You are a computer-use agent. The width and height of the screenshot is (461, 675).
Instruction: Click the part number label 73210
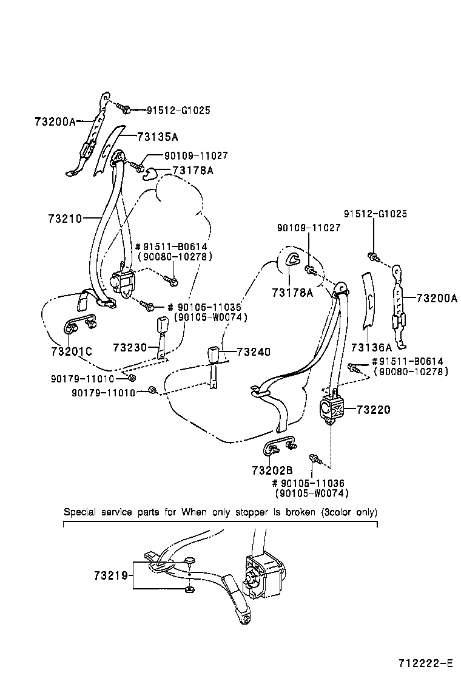point(64,217)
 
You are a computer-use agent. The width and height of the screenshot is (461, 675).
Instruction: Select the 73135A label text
point(157,137)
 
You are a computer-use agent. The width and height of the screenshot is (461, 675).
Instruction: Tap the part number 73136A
point(371,347)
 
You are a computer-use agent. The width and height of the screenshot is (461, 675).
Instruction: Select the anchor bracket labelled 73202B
point(280,447)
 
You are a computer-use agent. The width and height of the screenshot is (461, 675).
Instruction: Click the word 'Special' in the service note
point(80,512)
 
